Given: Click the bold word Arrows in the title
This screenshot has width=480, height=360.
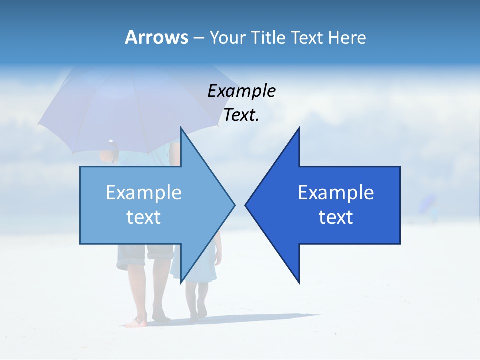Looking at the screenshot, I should (x=157, y=37).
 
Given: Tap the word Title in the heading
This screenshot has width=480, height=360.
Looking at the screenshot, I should (x=268, y=37).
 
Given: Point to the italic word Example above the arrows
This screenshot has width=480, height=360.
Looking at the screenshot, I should (x=241, y=91).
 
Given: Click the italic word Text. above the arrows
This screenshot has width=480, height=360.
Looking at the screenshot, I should (x=241, y=115).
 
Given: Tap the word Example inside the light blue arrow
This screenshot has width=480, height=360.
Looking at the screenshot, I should (x=144, y=192).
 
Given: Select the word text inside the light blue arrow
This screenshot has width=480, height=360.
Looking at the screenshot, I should (x=144, y=217).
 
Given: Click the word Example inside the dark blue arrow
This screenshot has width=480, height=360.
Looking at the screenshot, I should (x=336, y=192).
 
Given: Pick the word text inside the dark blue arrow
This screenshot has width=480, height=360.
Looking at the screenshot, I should (x=336, y=217).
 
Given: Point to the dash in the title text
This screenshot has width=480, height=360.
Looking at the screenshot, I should (x=198, y=38).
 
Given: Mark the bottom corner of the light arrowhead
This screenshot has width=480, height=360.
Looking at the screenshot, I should (x=181, y=282).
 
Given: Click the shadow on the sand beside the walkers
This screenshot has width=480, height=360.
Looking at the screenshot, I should (x=260, y=318).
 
